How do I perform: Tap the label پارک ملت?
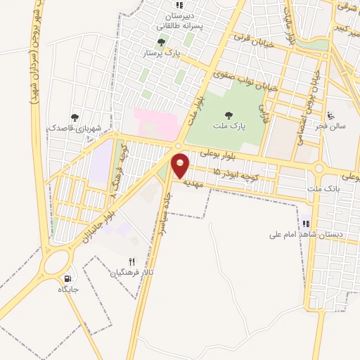228,127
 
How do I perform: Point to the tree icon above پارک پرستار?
162,41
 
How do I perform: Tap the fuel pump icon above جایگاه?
67,278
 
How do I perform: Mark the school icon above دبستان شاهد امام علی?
306,224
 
